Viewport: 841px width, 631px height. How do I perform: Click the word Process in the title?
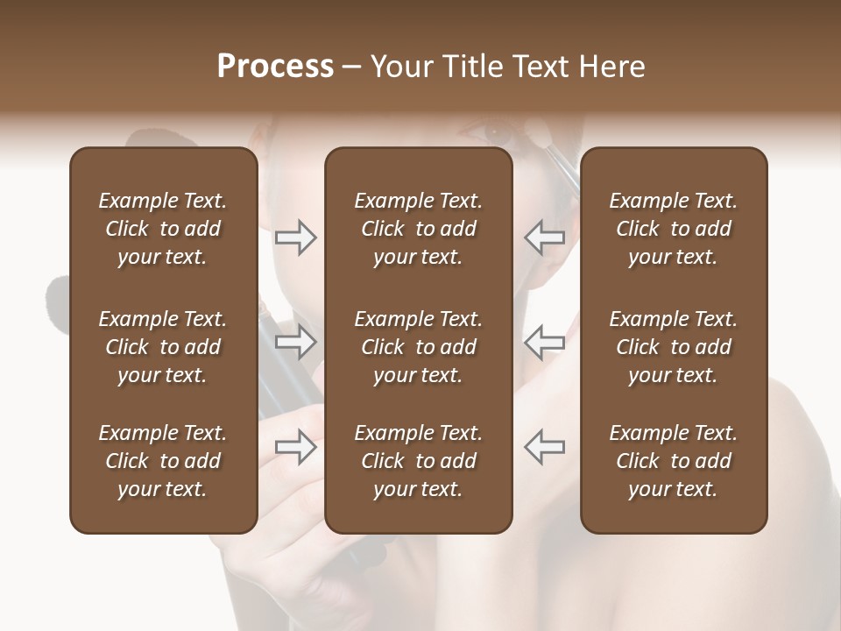[x=275, y=67]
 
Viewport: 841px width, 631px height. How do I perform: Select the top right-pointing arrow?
[x=295, y=238]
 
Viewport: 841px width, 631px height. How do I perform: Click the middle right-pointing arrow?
[x=295, y=343]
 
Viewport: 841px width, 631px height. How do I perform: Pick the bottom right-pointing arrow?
[x=295, y=446]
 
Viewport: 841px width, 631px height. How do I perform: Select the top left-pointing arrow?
[x=545, y=238]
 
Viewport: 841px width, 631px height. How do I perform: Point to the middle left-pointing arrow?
[x=545, y=343]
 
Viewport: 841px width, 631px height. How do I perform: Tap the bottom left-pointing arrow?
[x=545, y=446]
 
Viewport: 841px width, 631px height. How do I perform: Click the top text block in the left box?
[x=163, y=229]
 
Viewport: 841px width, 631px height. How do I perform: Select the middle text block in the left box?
[x=163, y=347]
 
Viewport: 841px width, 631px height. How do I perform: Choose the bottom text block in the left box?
[x=163, y=461]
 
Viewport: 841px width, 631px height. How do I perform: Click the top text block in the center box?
[x=418, y=229]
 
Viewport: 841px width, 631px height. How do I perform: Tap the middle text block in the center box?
[x=418, y=347]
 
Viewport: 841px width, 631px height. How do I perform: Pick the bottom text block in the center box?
[x=418, y=461]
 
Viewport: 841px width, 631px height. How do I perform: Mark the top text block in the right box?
[x=673, y=229]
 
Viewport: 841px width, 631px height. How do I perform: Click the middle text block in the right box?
[x=673, y=347]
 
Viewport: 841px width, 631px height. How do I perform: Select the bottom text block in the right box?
[x=673, y=461]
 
